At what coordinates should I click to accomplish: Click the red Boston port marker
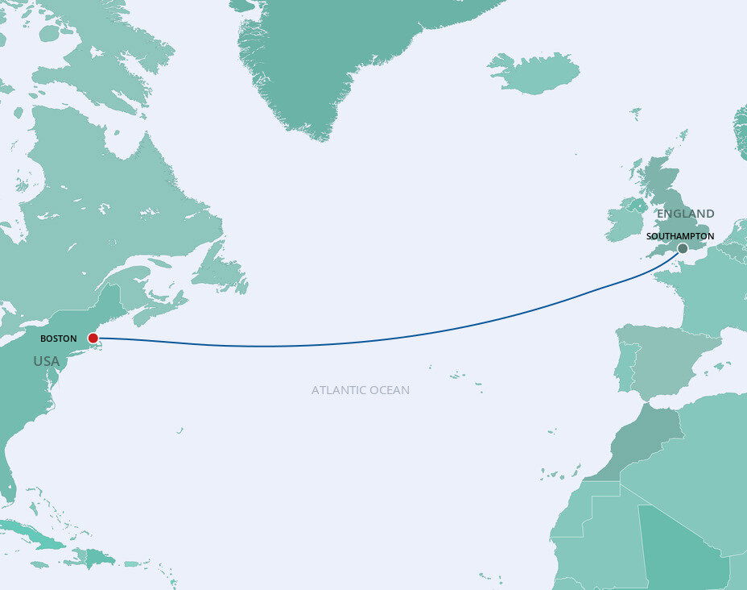(93, 338)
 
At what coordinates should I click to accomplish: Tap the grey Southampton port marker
(683, 248)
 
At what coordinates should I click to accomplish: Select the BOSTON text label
(59, 339)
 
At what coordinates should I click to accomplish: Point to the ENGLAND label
(685, 214)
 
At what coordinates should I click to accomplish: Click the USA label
(47, 361)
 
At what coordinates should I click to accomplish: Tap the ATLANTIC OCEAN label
(361, 390)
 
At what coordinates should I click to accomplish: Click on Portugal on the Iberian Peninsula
(625, 367)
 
